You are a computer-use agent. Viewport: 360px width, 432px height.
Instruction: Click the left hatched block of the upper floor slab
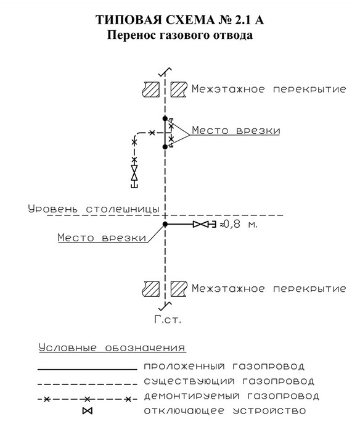tap(151, 89)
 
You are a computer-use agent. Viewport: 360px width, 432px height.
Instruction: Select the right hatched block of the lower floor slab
tap(179, 289)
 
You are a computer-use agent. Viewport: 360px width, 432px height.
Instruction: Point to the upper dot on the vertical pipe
tap(165, 118)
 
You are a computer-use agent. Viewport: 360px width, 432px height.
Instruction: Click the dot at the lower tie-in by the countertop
tap(165, 224)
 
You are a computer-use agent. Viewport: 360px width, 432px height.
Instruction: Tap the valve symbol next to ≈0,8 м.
tap(201, 224)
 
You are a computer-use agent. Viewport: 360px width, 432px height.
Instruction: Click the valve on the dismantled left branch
tap(134, 172)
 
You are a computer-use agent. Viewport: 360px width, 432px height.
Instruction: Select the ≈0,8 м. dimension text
tap(239, 224)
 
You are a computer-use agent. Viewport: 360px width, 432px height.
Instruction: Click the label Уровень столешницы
tap(94, 209)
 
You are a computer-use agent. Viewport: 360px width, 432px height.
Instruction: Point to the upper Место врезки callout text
tap(236, 130)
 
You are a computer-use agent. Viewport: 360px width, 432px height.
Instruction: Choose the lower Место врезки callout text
tap(102, 237)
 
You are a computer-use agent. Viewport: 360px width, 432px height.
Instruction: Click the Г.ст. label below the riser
tap(168, 320)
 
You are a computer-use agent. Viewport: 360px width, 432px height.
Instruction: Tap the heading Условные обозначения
tap(112, 347)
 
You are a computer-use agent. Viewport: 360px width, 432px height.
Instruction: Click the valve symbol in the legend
tap(88, 411)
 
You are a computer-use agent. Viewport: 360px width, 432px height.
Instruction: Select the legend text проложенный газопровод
tap(224, 367)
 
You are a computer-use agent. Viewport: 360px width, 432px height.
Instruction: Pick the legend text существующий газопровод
tap(229, 381)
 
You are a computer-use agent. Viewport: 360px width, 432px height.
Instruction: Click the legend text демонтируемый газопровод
tap(231, 396)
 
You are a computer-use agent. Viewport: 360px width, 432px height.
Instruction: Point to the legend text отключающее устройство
tap(225, 411)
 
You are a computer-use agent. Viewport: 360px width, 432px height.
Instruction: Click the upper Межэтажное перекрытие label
tap(269, 89)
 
